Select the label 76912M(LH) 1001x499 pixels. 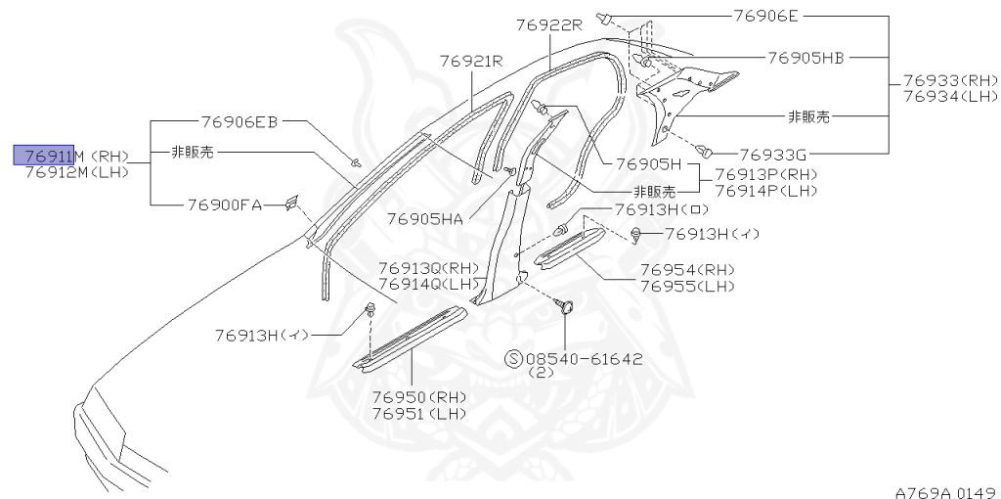[77, 172]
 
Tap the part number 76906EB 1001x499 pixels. [239, 122]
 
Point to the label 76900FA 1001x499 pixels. [224, 205]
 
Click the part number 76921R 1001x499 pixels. [470, 61]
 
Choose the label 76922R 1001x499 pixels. [549, 25]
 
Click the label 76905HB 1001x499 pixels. [805, 59]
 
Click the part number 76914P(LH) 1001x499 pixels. [765, 191]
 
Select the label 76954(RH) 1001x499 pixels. [687, 270]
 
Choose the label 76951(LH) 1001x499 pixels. [418, 414]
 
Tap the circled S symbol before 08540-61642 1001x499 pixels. [512, 359]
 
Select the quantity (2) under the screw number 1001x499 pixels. [540, 373]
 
